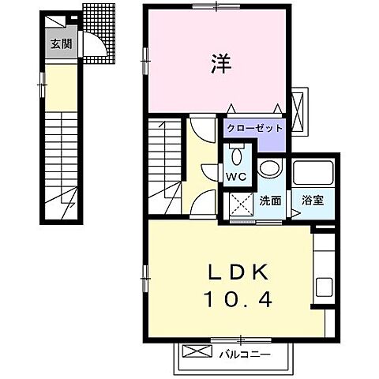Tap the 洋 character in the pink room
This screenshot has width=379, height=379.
[220, 63]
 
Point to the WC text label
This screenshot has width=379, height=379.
[235, 175]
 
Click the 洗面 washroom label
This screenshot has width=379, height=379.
[270, 201]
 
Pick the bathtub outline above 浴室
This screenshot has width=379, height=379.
[314, 174]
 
